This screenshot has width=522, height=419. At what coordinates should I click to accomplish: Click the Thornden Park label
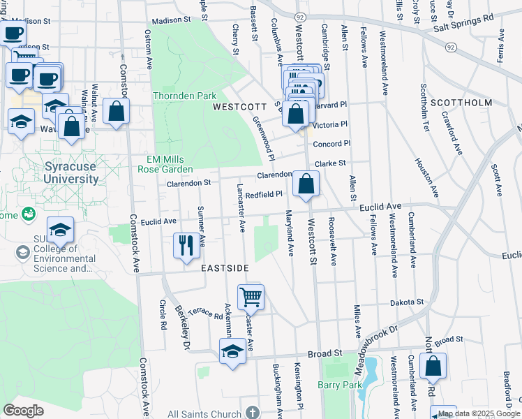(185, 96)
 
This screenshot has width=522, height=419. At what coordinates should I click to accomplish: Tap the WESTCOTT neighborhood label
(239, 107)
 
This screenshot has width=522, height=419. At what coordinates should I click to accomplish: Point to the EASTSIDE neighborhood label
(225, 267)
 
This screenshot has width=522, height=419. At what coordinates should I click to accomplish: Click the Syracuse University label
(61, 172)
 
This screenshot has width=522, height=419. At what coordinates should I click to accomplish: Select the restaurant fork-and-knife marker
(186, 245)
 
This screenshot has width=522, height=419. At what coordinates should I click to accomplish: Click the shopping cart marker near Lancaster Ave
(250, 296)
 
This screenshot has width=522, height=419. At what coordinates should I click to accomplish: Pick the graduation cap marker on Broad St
(232, 351)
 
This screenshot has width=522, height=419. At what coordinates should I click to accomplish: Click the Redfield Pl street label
(264, 195)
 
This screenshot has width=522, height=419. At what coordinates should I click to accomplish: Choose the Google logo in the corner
(23, 411)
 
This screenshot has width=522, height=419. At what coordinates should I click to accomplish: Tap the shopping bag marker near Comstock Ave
(116, 112)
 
